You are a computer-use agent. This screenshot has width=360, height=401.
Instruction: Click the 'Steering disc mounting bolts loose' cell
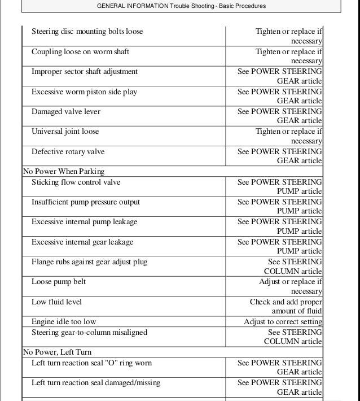coord(87,32)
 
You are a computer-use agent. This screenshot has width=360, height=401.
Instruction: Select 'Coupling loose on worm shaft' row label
coord(80,52)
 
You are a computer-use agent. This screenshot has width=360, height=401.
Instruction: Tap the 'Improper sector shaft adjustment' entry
coord(85,72)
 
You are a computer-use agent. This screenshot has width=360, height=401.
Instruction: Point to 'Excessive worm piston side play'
coord(84,91)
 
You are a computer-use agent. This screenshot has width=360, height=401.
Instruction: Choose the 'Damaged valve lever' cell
coord(66,112)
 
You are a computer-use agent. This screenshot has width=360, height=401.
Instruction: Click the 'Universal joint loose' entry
coord(65,132)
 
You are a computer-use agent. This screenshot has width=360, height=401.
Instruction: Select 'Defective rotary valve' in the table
coord(68,151)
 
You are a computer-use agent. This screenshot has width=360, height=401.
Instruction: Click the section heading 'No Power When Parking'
coord(64,171)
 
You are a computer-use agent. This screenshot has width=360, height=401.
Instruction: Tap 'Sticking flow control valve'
coord(76,182)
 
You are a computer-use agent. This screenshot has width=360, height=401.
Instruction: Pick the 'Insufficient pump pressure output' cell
coord(86,202)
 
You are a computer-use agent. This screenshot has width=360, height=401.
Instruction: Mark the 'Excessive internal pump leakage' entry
coord(84,222)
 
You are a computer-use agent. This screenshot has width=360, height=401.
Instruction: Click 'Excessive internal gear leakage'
coord(82,242)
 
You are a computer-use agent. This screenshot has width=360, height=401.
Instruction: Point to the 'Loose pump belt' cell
coord(59,282)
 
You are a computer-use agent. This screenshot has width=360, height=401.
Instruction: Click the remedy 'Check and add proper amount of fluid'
coord(286,306)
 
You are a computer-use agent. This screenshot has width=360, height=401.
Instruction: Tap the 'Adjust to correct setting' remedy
coord(283,322)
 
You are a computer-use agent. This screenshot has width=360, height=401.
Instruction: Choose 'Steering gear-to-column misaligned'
coord(89,333)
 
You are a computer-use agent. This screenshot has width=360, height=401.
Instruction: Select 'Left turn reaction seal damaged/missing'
coord(95,383)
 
